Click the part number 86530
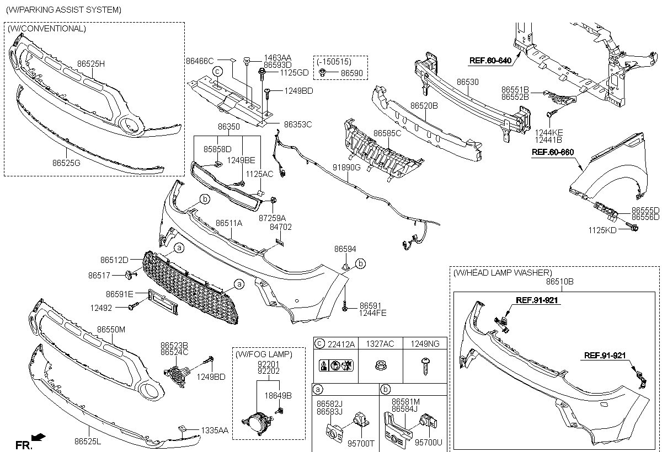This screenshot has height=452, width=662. tap(468, 82)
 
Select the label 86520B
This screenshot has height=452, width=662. tap(424, 105)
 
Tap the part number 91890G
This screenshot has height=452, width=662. tap(346, 166)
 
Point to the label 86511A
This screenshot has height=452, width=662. tap(229, 223)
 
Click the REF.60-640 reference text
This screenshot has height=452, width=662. tap(490, 61)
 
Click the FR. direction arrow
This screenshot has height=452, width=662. tap(38, 438)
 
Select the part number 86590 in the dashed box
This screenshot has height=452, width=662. tap(351, 72)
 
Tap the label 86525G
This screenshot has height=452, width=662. tap(66, 163)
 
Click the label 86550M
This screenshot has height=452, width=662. tap(111, 329)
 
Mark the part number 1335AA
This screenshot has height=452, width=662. tap(214, 429)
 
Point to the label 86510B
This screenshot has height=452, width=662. tap(559, 281)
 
